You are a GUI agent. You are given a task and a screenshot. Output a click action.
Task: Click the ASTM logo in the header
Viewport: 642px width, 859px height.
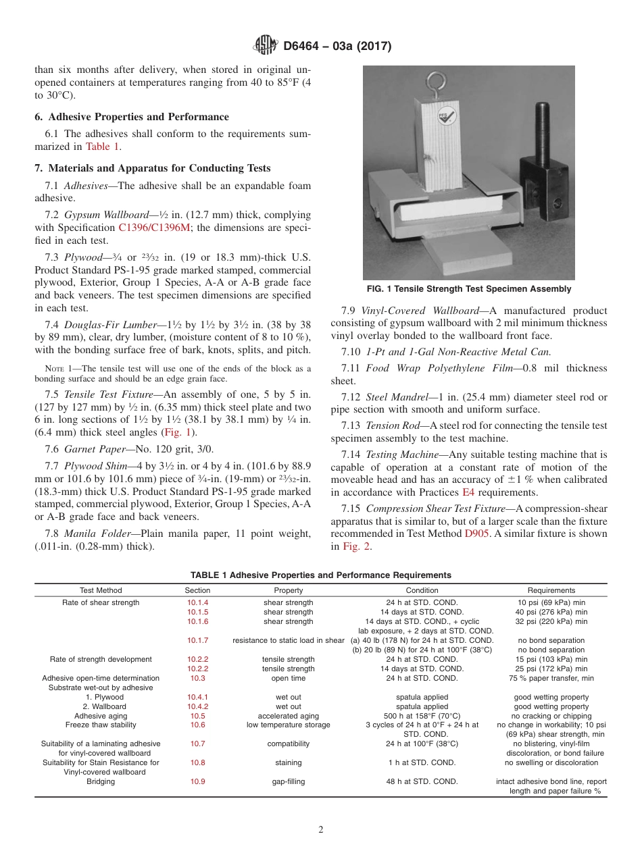point(265,46)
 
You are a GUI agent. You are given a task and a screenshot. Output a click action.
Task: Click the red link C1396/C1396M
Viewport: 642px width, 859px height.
point(154,228)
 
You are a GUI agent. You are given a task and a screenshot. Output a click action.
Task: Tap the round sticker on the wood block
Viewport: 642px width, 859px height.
point(444,115)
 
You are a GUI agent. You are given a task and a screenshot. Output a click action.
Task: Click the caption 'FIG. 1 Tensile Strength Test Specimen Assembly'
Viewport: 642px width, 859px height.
point(469,289)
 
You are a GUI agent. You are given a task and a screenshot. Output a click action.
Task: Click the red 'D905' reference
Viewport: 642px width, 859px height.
point(476,533)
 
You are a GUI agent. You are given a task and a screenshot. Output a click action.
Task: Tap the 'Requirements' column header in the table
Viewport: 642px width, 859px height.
point(551,590)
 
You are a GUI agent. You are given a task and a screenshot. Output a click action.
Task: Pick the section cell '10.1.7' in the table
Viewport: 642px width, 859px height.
point(198,640)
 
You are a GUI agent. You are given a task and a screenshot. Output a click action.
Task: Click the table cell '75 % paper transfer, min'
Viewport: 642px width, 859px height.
point(551,678)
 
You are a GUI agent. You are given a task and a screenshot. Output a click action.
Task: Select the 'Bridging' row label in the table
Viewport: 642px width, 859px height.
point(101,781)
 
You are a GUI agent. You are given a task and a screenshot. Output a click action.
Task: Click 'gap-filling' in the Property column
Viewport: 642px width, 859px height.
point(289,781)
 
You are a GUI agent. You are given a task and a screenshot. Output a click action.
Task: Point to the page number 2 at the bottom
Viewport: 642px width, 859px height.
point(321,830)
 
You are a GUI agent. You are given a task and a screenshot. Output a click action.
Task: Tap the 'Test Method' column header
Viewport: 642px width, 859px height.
point(101,590)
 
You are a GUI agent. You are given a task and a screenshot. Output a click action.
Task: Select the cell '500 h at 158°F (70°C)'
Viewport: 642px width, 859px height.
point(422,716)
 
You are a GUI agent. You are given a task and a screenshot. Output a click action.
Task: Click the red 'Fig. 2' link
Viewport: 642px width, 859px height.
point(358,546)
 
